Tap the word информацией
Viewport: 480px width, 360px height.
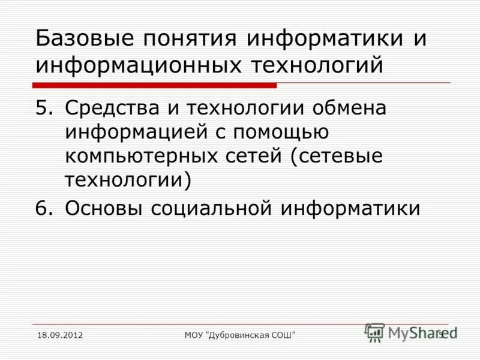point(129,133)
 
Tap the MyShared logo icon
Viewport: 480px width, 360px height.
point(375,331)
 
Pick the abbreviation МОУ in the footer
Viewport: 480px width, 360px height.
point(195,334)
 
